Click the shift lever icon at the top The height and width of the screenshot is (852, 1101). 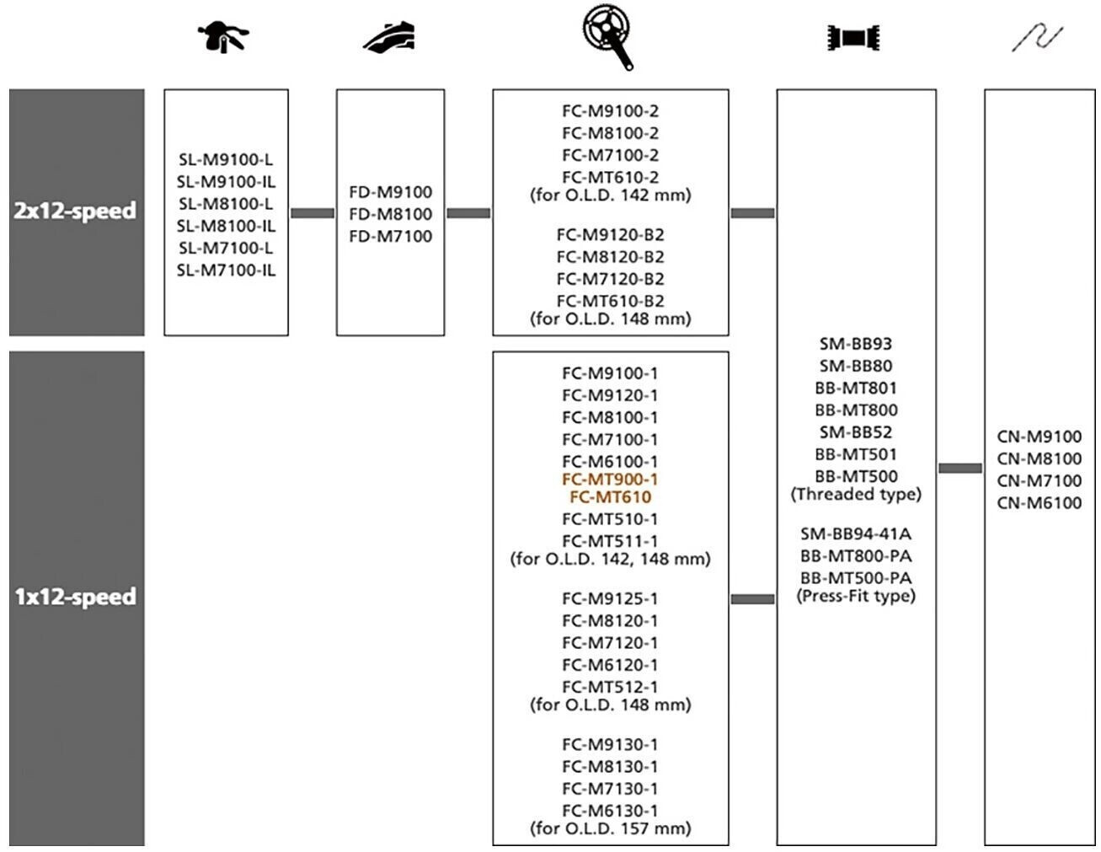223,36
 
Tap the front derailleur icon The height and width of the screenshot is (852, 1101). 389,37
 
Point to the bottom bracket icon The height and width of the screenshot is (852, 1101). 853,38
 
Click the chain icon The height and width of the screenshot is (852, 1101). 1037,38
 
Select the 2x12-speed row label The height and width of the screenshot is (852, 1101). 75,211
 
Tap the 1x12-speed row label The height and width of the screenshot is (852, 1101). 75,597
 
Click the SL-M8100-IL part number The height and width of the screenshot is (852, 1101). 226,226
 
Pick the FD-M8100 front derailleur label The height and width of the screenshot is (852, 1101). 390,214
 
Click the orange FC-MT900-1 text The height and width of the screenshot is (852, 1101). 610,480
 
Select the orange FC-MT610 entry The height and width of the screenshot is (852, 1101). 610,497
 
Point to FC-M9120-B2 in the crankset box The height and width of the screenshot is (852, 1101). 610,234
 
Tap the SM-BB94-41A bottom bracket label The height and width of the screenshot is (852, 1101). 856,533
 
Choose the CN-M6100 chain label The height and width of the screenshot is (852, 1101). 1040,503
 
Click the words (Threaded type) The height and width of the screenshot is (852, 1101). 856,494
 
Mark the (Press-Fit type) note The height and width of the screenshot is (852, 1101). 856,596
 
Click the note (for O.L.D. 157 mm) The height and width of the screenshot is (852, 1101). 610,828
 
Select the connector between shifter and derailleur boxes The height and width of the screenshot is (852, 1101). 313,213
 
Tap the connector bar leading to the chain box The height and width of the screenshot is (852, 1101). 959,468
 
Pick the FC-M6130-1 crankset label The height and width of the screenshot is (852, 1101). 610,811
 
